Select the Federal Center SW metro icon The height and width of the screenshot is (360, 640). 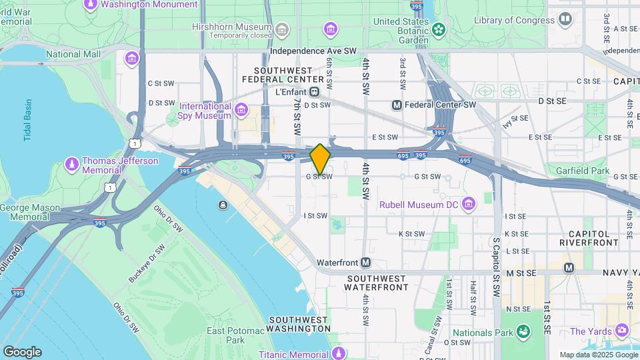pyautogui.click(x=397, y=105)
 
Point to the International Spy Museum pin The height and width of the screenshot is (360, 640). pyautogui.click(x=240, y=110)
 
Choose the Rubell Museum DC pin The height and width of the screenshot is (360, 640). pyautogui.click(x=469, y=203)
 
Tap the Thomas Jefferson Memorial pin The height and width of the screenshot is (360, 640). pyautogui.click(x=72, y=163)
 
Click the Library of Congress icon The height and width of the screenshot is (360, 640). pyautogui.click(x=565, y=19)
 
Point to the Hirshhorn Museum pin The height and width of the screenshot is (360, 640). pyautogui.click(x=282, y=29)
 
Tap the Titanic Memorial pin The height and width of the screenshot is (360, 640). pyautogui.click(x=339, y=352)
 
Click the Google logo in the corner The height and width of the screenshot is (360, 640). pyautogui.click(x=22, y=352)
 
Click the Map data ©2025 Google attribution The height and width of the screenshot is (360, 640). pyautogui.click(x=598, y=355)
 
